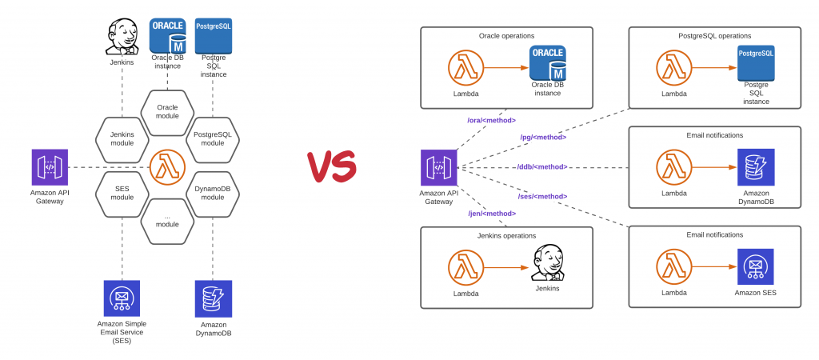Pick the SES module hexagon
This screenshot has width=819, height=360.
(x=122, y=192)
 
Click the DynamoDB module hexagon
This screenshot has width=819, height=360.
(x=213, y=192)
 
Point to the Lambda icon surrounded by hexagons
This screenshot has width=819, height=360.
(x=167, y=166)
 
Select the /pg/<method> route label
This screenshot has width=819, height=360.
(x=543, y=137)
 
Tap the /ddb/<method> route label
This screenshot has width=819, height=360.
(x=541, y=166)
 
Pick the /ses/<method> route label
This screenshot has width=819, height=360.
(x=541, y=196)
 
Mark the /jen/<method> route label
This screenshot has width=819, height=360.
(x=491, y=213)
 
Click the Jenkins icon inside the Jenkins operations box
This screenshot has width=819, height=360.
(x=547, y=266)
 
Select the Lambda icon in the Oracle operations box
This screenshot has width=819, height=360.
(x=465, y=68)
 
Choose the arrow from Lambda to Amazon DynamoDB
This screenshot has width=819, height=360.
(x=711, y=167)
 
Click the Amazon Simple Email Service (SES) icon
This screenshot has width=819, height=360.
(x=122, y=298)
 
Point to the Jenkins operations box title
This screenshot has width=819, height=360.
(x=507, y=235)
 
